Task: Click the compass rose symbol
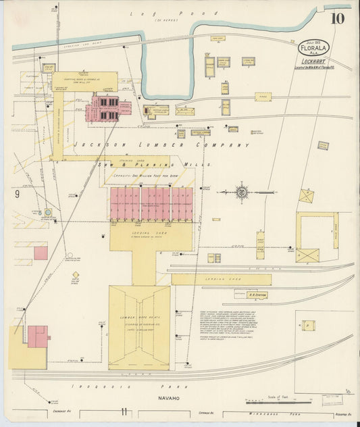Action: tap(241, 192)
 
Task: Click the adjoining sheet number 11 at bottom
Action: tap(124, 411)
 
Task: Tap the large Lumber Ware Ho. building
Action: tap(139, 327)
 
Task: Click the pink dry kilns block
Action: tap(151, 203)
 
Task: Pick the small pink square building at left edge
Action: tap(41, 253)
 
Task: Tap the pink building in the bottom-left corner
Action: tap(36, 336)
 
